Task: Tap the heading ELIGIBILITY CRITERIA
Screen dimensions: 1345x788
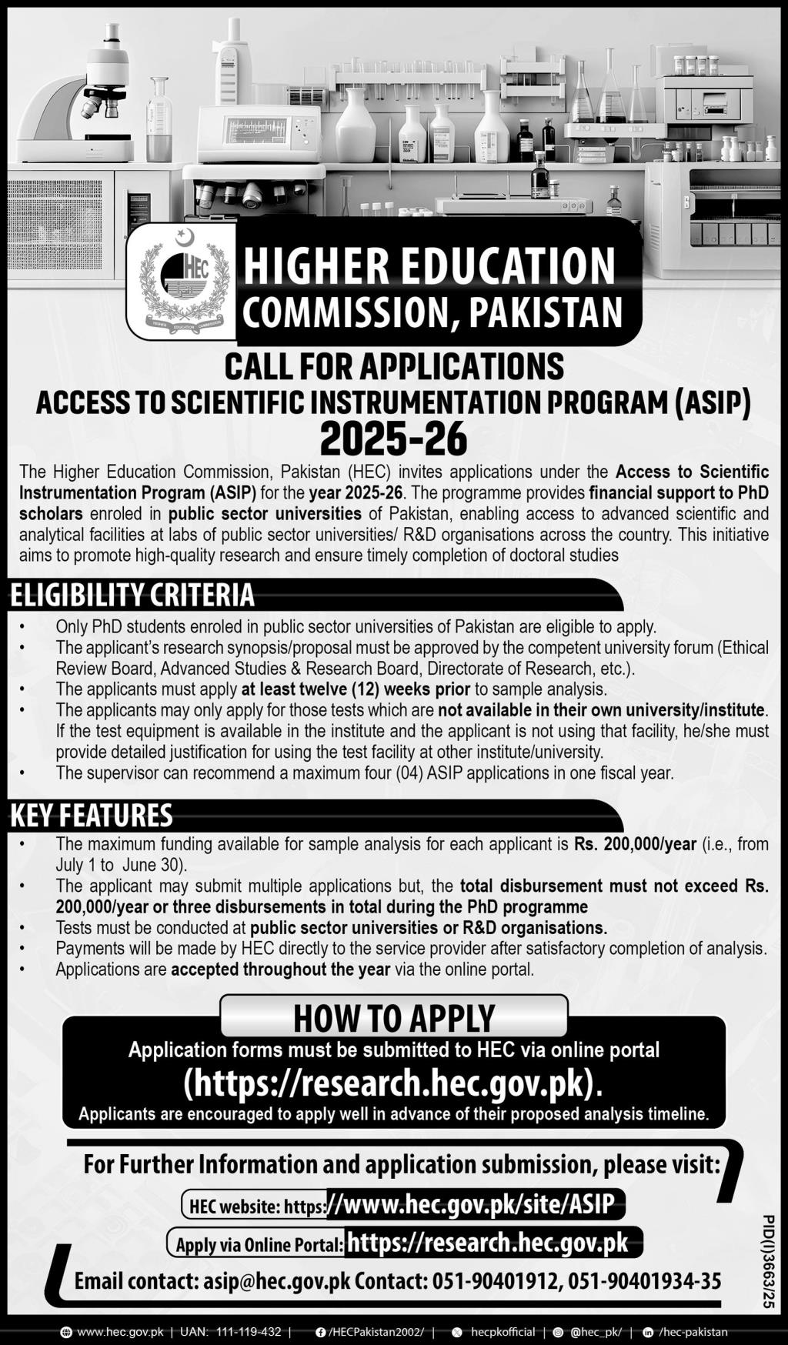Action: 132,595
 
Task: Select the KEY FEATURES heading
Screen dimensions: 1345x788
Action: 91,815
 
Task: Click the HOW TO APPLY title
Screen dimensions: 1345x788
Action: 394,1017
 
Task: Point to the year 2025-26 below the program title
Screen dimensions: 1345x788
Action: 393,439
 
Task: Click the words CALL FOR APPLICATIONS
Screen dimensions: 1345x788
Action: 394,366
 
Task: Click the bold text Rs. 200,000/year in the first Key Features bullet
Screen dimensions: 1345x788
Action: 636,844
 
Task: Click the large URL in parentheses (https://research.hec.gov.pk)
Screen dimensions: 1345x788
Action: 393,1083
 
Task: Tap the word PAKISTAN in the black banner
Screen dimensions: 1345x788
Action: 545,312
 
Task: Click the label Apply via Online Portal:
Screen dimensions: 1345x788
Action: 259,1244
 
